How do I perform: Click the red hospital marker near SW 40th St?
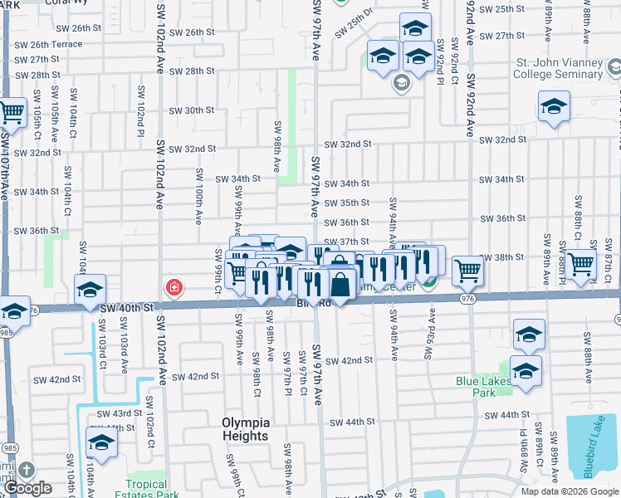[x=174, y=288]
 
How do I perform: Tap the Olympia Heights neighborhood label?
[x=245, y=429]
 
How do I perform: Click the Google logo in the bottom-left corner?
[x=28, y=489]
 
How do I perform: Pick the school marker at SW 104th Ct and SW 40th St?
[x=90, y=289]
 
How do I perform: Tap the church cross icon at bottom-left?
[x=26, y=471]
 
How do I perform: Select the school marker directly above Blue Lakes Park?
[x=528, y=334]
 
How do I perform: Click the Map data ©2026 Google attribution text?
[x=569, y=491]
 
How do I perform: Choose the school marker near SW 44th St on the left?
[x=101, y=442]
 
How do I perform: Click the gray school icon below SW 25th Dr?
[x=401, y=82]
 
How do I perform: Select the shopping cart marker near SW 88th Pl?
[x=581, y=263]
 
